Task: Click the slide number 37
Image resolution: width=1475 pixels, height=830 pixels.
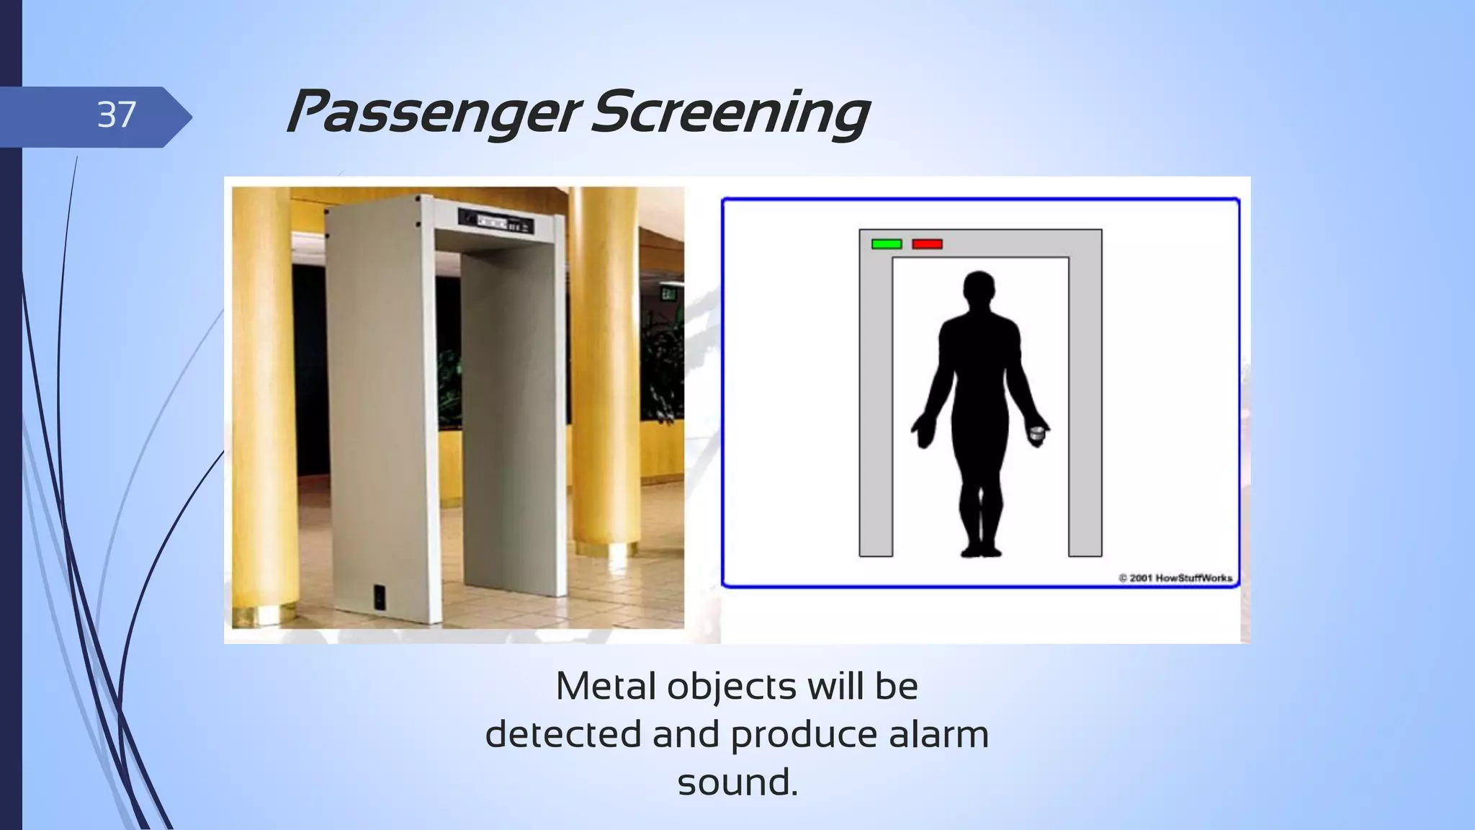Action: pyautogui.click(x=117, y=115)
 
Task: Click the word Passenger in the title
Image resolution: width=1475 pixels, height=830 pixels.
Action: pyautogui.click(x=432, y=114)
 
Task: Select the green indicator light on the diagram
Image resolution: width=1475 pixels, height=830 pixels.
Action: pyautogui.click(x=886, y=244)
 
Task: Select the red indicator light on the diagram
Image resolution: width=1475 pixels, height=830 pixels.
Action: pyautogui.click(x=927, y=244)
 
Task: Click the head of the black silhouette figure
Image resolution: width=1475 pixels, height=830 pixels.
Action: pyautogui.click(x=979, y=290)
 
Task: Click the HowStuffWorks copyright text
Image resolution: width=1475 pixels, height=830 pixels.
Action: pyautogui.click(x=1175, y=578)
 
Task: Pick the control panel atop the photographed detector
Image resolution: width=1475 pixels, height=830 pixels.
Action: pyautogui.click(x=496, y=221)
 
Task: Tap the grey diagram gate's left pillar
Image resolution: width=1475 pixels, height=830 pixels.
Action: pyautogui.click(x=876, y=403)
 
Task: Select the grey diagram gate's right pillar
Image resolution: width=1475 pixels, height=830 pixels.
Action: pyautogui.click(x=1085, y=403)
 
